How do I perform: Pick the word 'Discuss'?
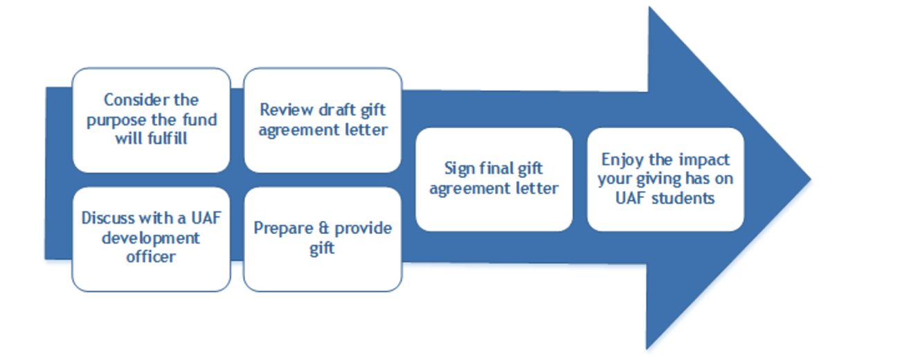coord(109,218)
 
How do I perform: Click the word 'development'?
coord(151,238)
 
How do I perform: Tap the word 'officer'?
coord(151,257)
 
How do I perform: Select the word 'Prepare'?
coord(282,228)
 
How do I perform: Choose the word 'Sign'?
coord(460,169)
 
